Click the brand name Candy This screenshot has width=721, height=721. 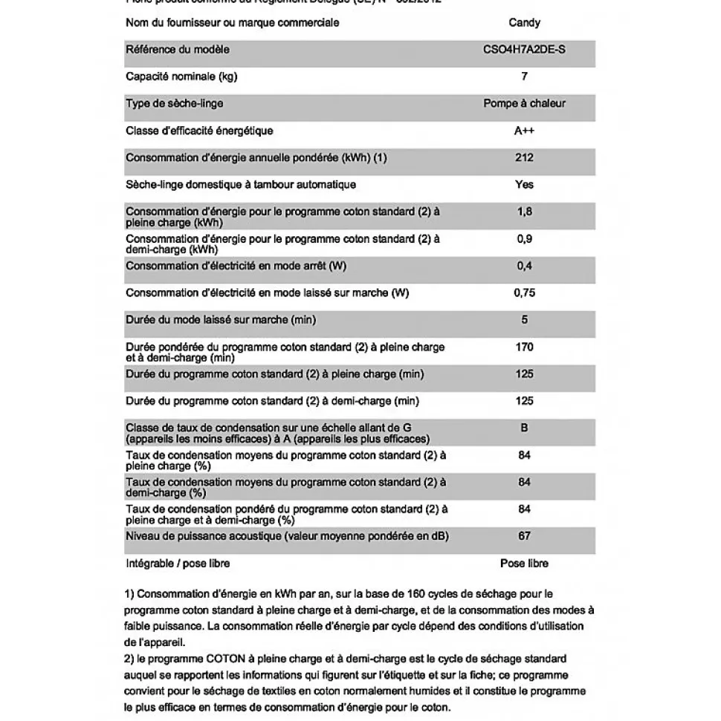tap(524, 23)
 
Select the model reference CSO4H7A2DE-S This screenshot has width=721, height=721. tap(524, 50)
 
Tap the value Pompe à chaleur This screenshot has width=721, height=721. tap(524, 103)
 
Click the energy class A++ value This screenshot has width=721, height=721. tap(524, 131)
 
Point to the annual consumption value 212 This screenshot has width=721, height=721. tap(524, 157)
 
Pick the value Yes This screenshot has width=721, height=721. tap(524, 184)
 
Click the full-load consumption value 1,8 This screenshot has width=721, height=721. tap(524, 212)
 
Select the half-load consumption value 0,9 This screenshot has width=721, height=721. tap(524, 239)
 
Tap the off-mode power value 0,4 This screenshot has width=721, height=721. tap(524, 266)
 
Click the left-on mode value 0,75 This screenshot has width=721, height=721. tap(524, 293)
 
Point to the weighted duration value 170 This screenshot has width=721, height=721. tap(524, 347)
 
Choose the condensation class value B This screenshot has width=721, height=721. tap(524, 428)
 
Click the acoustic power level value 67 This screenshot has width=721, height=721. tap(524, 536)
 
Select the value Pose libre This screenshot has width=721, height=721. tap(524, 563)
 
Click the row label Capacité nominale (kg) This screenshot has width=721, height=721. tap(181, 76)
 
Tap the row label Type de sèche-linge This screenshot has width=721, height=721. tap(174, 103)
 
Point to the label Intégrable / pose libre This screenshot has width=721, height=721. tap(178, 563)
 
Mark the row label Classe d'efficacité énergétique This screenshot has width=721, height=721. tap(199, 131)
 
